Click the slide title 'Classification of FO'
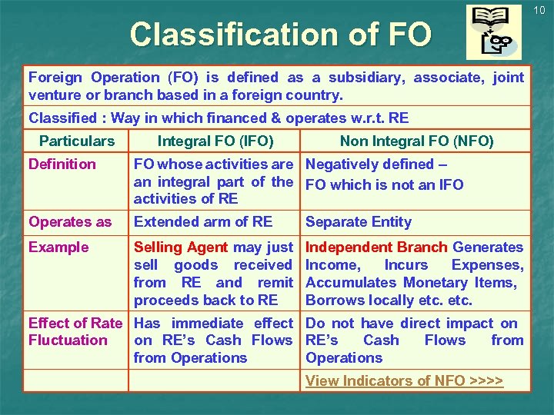tap(281, 35)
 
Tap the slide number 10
tap(539, 9)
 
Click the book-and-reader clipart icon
tap(493, 32)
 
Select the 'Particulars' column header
tap(76, 141)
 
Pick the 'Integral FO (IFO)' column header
tap(215, 141)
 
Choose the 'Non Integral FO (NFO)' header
tap(416, 141)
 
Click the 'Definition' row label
tap(62, 164)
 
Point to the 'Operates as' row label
tap(70, 222)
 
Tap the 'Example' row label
tap(58, 247)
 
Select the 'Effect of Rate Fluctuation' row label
tap(75, 332)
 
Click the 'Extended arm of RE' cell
tap(203, 222)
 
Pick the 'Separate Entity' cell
tap(359, 222)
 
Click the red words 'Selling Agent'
tap(181, 247)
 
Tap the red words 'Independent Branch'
tap(376, 247)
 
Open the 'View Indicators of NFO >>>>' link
tap(404, 381)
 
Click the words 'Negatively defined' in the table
tap(370, 164)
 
